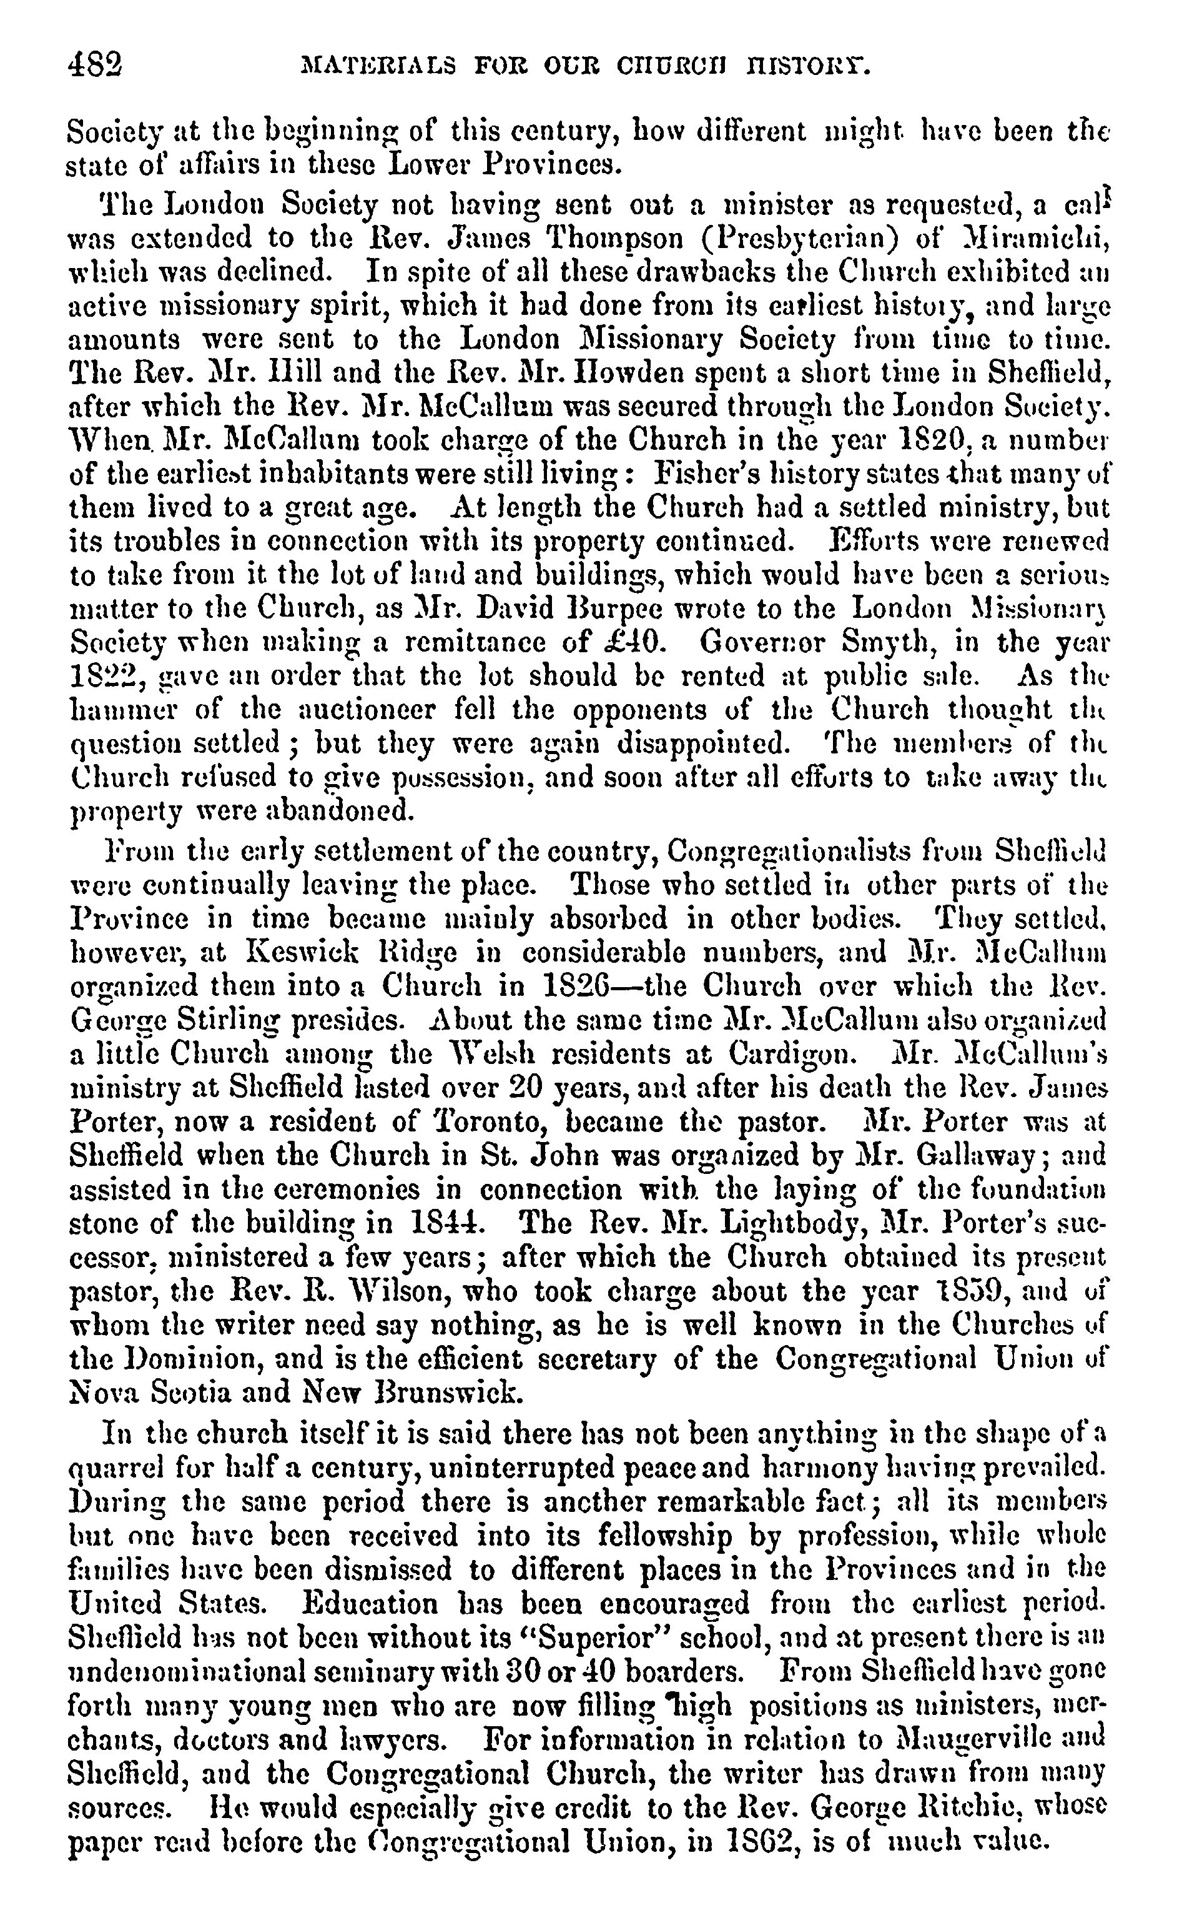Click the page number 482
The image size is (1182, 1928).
point(96,62)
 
